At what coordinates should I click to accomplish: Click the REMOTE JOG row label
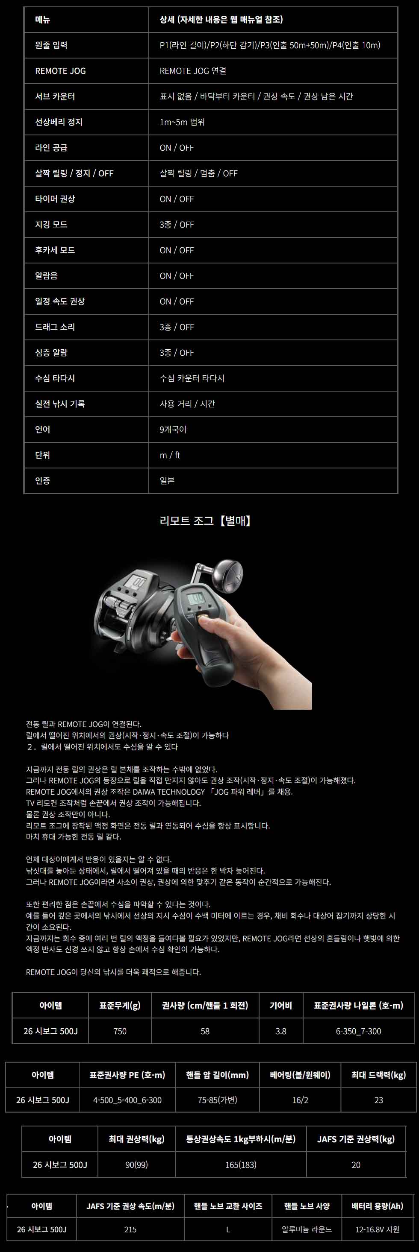[x=60, y=71]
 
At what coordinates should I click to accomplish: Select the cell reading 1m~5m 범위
[x=182, y=122]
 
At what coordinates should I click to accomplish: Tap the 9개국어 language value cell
[x=173, y=430]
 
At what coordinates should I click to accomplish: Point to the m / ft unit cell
[x=170, y=455]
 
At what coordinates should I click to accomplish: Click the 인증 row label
[x=42, y=481]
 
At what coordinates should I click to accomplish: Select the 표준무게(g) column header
[x=120, y=1006]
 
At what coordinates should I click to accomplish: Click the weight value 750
[x=120, y=1031]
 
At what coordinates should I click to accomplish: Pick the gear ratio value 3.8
[x=281, y=1031]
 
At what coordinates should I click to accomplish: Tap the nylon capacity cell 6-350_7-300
[x=359, y=1031]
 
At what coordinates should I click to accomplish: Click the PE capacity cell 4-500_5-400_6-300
[x=127, y=1100]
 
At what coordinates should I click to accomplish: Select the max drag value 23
[x=379, y=1100]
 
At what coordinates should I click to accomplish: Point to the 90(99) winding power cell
[x=136, y=1165]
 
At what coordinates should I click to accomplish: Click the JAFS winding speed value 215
[x=130, y=1230]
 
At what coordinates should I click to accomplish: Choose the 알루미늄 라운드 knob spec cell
[x=307, y=1230]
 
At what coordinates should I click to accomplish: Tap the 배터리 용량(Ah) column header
[x=378, y=1206]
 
